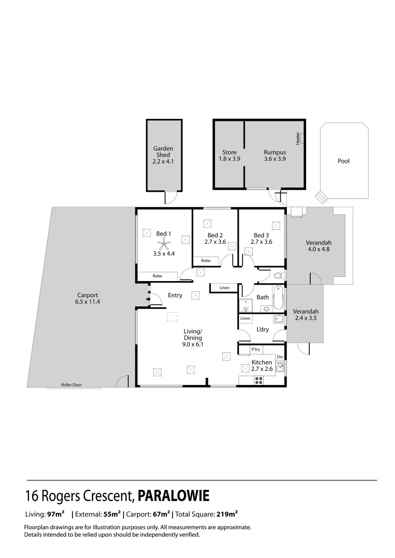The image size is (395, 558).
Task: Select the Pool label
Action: click(343, 161)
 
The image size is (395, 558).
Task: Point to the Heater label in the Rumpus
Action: click(298, 138)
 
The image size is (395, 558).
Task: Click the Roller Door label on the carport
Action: click(71, 384)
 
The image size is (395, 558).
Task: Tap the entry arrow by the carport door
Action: click(148, 298)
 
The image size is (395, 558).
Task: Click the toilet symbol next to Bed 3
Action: click(278, 275)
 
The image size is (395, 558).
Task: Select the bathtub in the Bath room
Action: click(279, 298)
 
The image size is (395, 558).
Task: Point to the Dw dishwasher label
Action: click(279, 357)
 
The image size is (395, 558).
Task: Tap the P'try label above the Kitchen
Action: click(255, 350)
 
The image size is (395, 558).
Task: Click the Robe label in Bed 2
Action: click(206, 261)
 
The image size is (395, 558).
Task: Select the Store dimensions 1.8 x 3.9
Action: click(229, 159)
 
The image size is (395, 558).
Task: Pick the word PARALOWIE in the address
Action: click(173, 497)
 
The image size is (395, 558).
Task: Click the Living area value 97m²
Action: click(55, 514)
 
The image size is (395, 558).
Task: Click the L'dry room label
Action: click(262, 330)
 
